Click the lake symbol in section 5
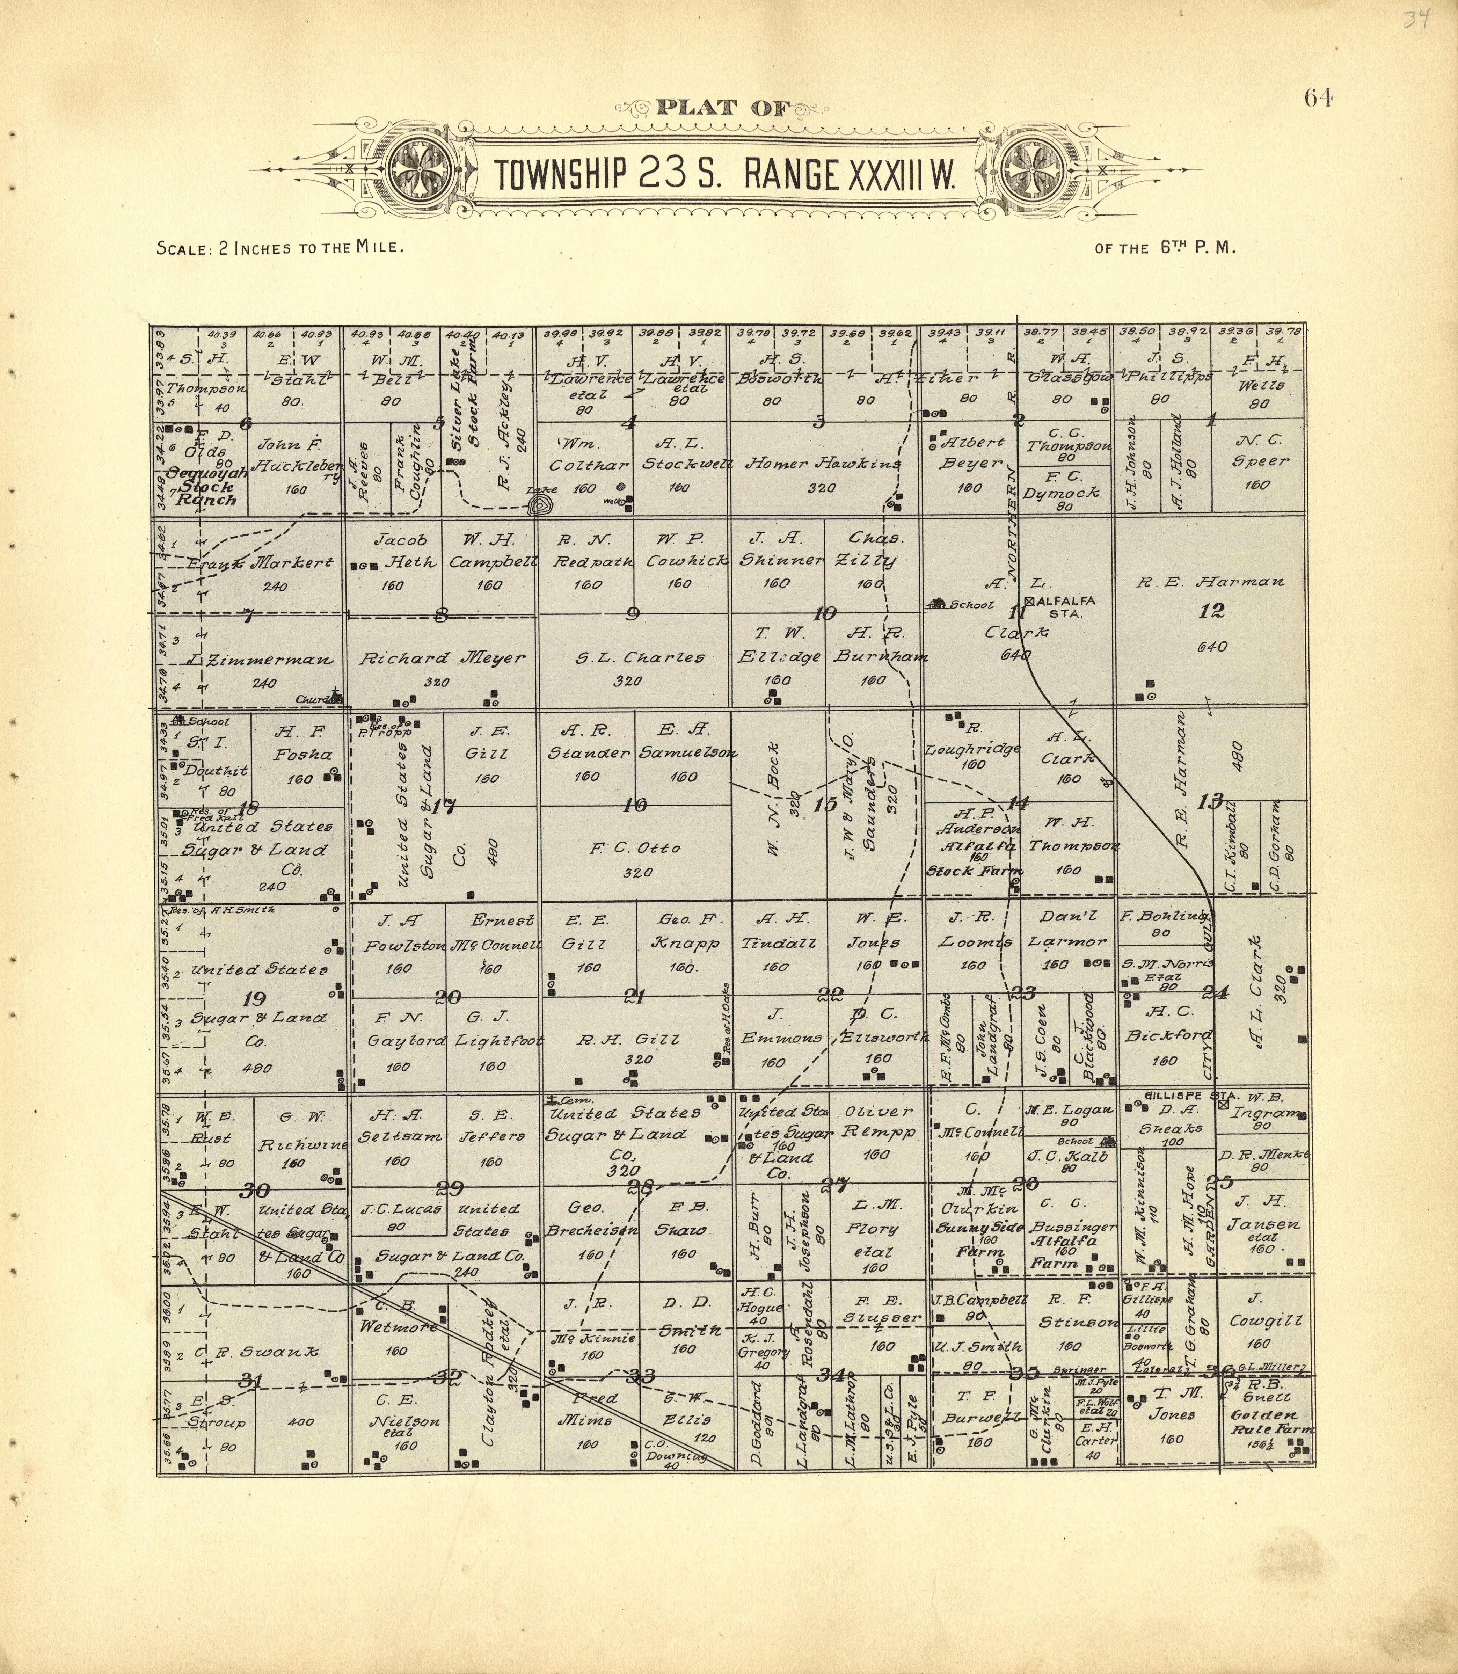538,506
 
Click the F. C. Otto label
635,849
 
